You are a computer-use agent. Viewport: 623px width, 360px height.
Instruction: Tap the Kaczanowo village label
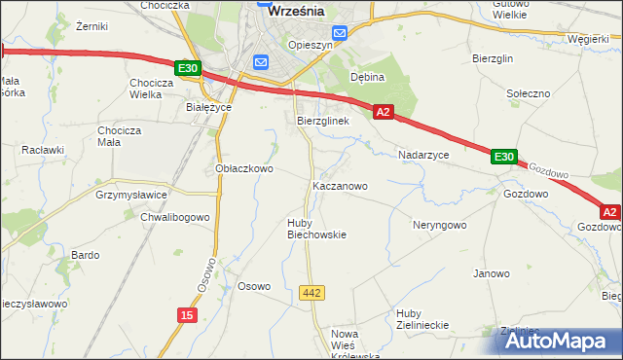pyautogui.click(x=339, y=185)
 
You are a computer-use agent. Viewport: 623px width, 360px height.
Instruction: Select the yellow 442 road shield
pyautogui.click(x=311, y=292)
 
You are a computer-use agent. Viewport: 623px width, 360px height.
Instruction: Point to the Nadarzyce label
pyautogui.click(x=423, y=155)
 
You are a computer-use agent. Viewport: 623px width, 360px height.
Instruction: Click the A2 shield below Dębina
pyautogui.click(x=383, y=113)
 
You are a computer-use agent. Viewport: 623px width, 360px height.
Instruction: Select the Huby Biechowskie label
pyautogui.click(x=316, y=229)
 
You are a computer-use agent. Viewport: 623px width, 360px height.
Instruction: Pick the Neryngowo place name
pyautogui.click(x=438, y=224)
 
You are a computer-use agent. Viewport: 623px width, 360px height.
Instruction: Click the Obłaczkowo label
pyautogui.click(x=243, y=168)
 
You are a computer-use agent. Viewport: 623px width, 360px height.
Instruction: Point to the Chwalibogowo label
pyautogui.click(x=175, y=217)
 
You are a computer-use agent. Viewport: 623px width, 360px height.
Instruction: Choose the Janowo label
pyautogui.click(x=492, y=273)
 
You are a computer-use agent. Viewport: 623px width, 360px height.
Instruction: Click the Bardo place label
pyautogui.click(x=86, y=255)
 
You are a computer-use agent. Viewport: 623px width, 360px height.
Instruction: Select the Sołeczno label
pyautogui.click(x=530, y=93)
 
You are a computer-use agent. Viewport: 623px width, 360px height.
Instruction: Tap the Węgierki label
pyautogui.click(x=589, y=40)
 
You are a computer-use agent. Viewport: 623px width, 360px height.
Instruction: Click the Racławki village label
pyautogui.click(x=43, y=151)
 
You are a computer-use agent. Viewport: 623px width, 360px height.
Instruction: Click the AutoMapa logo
pyautogui.click(x=557, y=341)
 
